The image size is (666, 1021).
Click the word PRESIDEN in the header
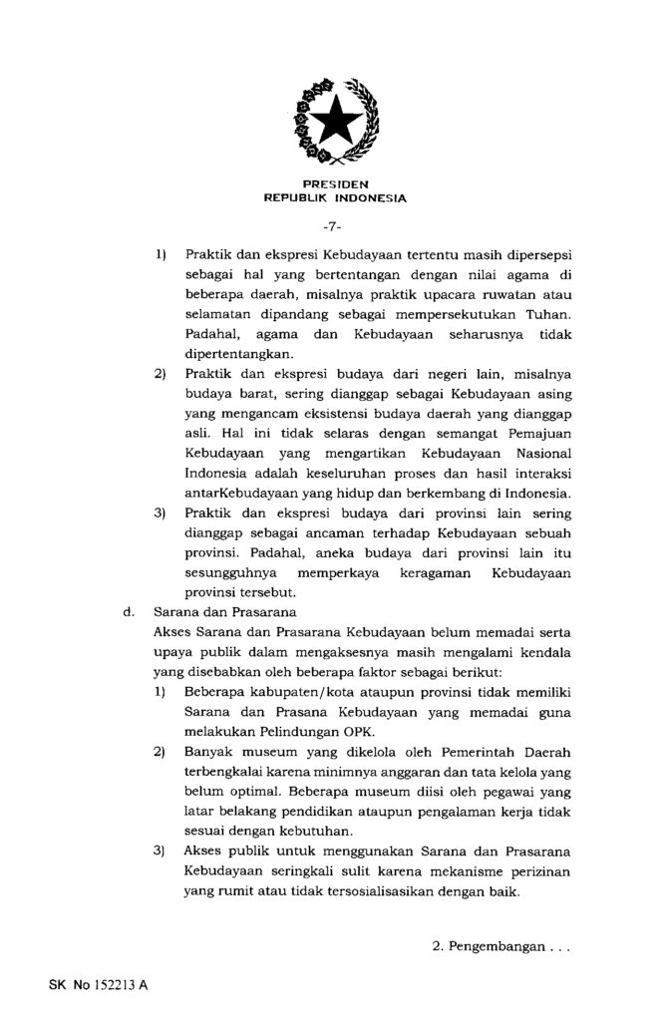(x=334, y=184)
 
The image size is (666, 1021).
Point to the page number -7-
(x=334, y=226)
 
